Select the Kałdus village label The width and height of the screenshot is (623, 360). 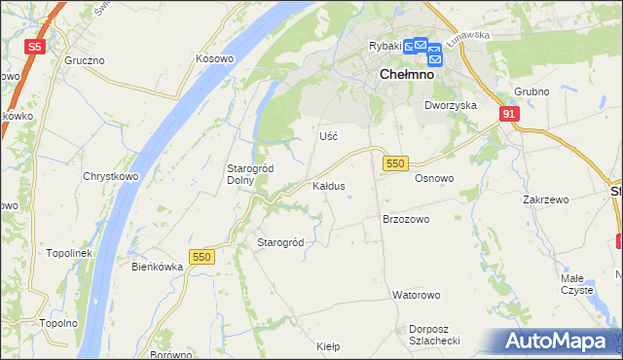(x=328, y=185)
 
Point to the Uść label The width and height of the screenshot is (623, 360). (x=328, y=136)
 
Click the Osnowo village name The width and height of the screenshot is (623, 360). (x=434, y=178)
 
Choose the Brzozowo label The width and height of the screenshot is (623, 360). (x=406, y=220)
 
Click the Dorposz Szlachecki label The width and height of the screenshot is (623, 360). (x=434, y=335)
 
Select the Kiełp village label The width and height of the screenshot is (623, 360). (x=328, y=345)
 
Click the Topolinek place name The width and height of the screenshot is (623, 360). (x=68, y=253)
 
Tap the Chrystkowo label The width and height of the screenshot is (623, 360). (x=110, y=177)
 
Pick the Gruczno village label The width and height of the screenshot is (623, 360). (x=85, y=59)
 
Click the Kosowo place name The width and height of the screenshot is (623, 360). (x=215, y=58)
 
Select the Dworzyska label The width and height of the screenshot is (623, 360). (x=449, y=104)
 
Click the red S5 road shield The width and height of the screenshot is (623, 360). (x=35, y=46)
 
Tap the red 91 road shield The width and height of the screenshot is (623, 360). (x=509, y=114)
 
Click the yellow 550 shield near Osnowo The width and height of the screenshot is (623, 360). (x=394, y=163)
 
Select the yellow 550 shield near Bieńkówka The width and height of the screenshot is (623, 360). (x=202, y=256)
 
